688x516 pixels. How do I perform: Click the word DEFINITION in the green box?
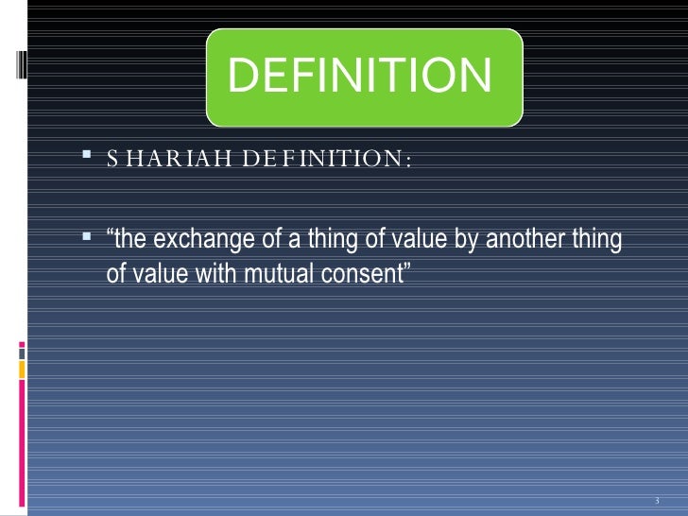[360, 77]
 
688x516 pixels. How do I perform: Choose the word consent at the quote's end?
[362, 274]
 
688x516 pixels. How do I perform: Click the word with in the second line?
[208, 274]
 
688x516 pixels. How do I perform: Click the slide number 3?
[656, 500]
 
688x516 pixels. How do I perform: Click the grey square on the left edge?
[21, 351]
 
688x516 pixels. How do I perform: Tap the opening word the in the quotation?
[129, 242]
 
